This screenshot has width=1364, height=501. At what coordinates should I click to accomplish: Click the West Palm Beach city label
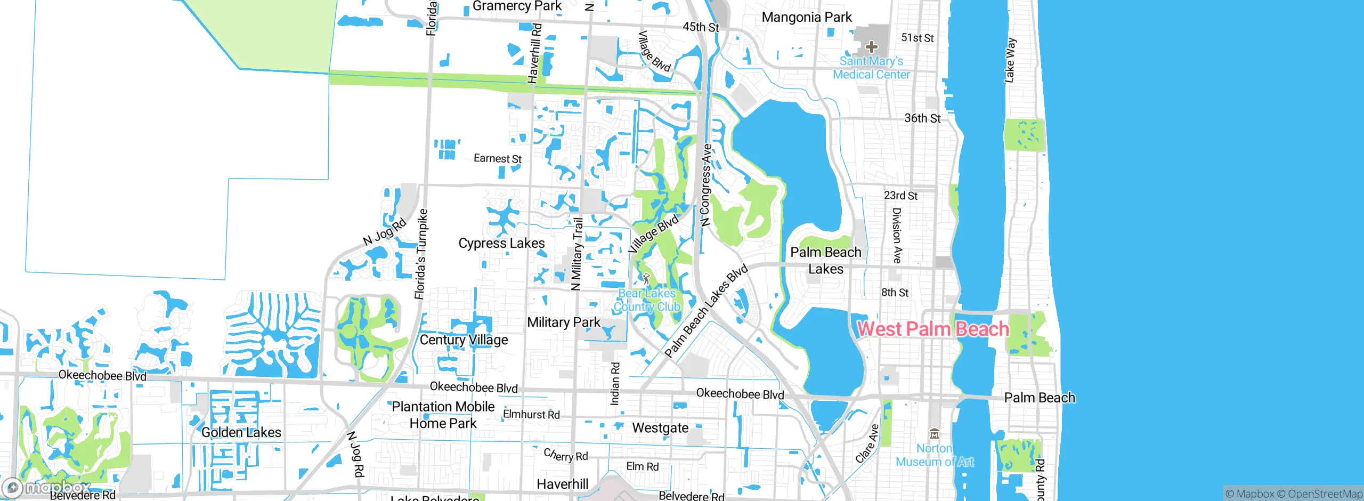click(x=933, y=329)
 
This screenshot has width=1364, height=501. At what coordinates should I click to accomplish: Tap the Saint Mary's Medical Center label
click(x=871, y=68)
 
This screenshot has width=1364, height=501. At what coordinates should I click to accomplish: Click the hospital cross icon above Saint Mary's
click(x=871, y=47)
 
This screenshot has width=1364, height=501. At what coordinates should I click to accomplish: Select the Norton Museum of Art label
click(x=935, y=455)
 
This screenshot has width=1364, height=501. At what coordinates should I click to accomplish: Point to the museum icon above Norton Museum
click(x=934, y=433)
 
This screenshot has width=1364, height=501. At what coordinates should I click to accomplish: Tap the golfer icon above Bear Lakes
click(x=646, y=279)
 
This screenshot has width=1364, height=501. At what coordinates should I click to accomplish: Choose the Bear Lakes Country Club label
click(x=647, y=300)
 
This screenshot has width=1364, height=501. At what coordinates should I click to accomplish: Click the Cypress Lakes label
click(x=501, y=243)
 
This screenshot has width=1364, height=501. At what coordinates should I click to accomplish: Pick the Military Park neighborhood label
click(x=563, y=322)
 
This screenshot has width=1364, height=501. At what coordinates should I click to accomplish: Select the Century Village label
click(x=464, y=340)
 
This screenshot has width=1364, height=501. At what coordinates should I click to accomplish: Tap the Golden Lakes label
click(x=241, y=432)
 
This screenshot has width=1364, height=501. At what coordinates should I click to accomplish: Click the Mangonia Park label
click(x=807, y=18)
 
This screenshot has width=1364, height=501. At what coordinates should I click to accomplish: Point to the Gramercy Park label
click(x=517, y=6)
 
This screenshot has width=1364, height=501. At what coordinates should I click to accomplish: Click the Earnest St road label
click(x=497, y=159)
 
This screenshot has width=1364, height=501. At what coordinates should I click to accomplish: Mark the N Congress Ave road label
click(x=706, y=185)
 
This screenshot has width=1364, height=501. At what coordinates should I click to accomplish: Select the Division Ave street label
click(x=897, y=235)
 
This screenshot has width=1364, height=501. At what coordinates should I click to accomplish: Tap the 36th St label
click(x=922, y=118)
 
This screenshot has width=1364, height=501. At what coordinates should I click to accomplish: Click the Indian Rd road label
click(x=615, y=384)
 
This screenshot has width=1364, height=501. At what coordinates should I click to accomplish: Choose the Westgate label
click(x=660, y=428)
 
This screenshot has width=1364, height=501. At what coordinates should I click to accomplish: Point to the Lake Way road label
click(x=1010, y=60)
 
